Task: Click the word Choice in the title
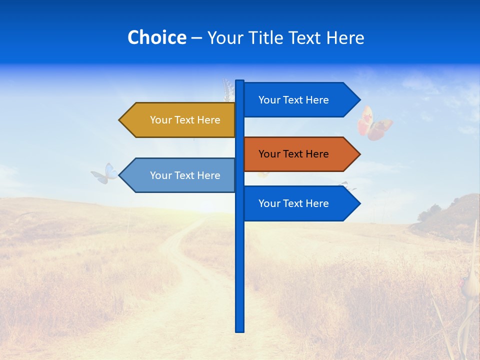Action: (156, 37)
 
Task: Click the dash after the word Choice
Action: (196, 38)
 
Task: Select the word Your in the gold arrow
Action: (160, 120)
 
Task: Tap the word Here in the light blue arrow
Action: (208, 175)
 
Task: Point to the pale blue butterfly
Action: (105, 173)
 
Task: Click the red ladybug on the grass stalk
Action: (462, 282)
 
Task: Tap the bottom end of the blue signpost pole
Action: (240, 329)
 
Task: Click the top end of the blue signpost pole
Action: (240, 82)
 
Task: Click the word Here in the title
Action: (345, 37)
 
